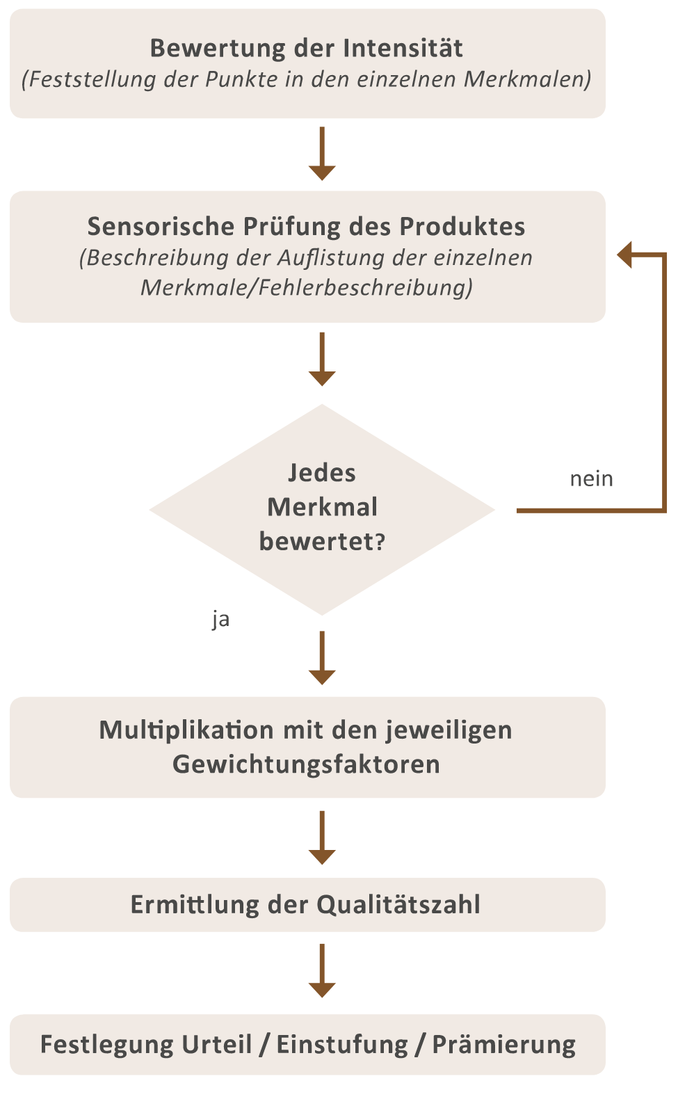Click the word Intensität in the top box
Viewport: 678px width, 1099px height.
coord(403,48)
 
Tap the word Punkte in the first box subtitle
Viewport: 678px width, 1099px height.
coord(241,79)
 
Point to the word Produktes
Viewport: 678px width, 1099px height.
coord(462,226)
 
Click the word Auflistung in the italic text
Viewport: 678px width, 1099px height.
coord(331,257)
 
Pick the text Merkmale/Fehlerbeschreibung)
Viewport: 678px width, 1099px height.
coord(307,287)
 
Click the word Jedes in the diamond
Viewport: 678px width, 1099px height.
coord(322,474)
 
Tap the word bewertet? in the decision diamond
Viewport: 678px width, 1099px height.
coord(323,542)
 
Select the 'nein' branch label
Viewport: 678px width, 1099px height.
coord(592,479)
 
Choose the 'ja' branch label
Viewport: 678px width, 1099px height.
coord(220,620)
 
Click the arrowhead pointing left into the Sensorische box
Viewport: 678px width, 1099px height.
coord(624,255)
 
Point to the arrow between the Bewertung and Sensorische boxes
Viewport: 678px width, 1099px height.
coord(322,154)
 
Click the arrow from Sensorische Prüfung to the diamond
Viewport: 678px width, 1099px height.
coord(322,359)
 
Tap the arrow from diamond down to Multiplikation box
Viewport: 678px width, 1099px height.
coord(322,658)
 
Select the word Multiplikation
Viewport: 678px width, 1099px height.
coord(186,730)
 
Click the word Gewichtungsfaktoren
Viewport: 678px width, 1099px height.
coord(306,764)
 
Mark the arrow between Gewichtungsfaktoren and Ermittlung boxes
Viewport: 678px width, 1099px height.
coord(322,837)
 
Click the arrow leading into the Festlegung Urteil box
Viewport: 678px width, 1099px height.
coord(322,970)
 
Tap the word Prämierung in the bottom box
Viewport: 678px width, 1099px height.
coord(504,1044)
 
